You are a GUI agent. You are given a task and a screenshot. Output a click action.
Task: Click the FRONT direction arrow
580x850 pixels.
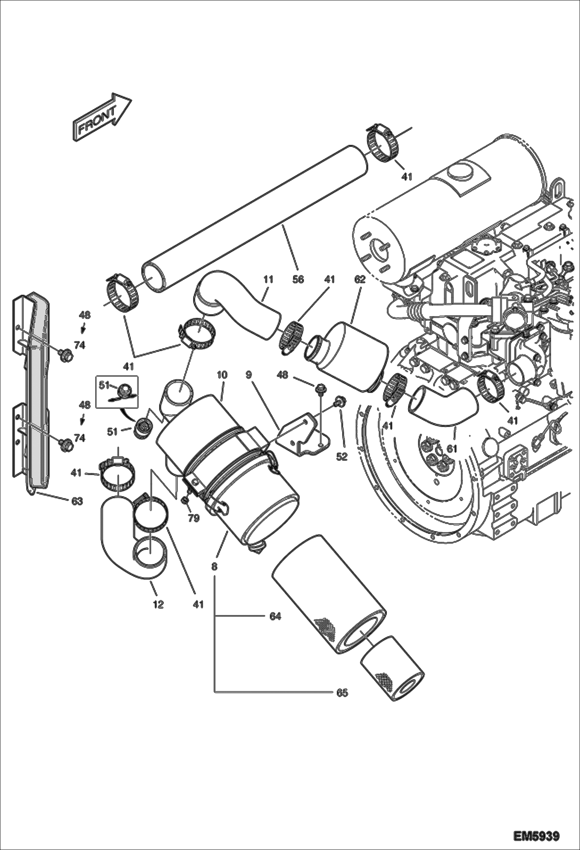tap(101, 117)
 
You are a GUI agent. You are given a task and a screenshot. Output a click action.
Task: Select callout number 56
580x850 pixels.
tap(298, 279)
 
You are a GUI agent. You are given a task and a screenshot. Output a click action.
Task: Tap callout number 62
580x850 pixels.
tap(360, 279)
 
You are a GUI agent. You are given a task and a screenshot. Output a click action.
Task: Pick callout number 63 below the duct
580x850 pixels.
tap(77, 501)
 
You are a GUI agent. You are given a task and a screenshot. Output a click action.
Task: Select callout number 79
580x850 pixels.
tap(194, 518)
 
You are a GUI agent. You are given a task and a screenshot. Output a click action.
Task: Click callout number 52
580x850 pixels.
tap(341, 457)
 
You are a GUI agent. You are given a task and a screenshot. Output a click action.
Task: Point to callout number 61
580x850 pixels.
tap(452, 449)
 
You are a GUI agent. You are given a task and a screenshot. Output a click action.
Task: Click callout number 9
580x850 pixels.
tap(249, 375)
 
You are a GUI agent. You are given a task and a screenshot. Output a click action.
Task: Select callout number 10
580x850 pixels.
tap(222, 375)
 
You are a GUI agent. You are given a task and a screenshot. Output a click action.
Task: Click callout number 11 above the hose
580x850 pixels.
tap(268, 279)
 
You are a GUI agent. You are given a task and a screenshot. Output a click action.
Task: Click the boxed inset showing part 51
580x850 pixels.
tap(117, 391)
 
